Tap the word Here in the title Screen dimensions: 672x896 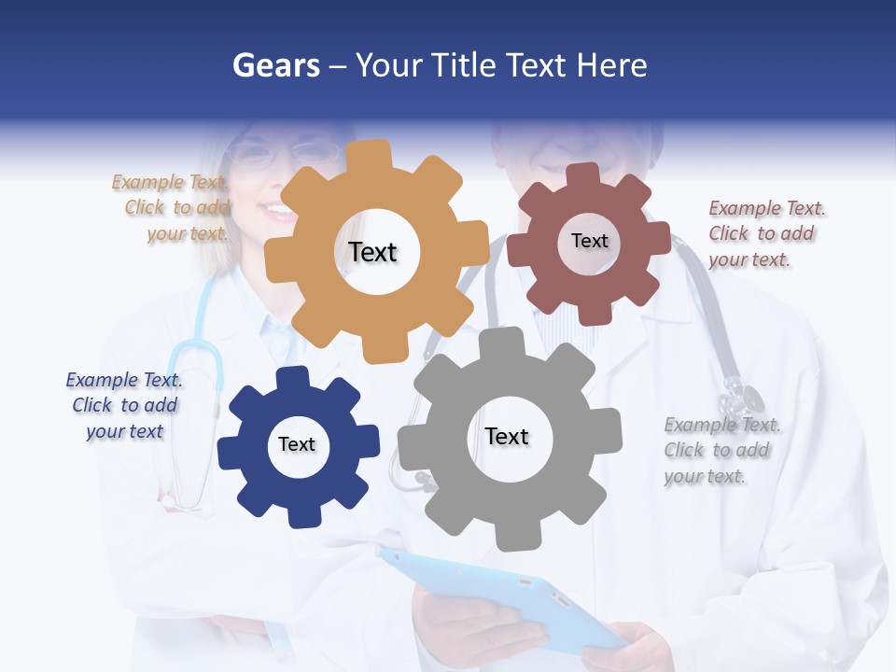point(611,65)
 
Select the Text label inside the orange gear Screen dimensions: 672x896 point(372,252)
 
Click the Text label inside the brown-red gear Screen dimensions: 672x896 point(589,241)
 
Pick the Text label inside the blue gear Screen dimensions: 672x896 point(297,444)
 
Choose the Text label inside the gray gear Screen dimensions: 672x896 point(507,436)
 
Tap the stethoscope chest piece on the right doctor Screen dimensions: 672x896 point(742,397)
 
